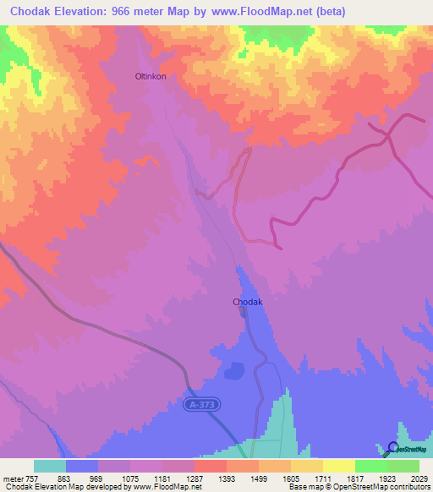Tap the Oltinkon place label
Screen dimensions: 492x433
point(151,76)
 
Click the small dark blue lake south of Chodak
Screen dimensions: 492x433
point(233,369)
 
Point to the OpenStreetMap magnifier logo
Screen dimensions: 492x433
point(393,448)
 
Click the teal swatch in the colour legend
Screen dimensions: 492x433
point(50,466)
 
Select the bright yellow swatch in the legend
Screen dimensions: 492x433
point(338,466)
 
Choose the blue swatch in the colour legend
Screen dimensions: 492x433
point(82,466)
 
